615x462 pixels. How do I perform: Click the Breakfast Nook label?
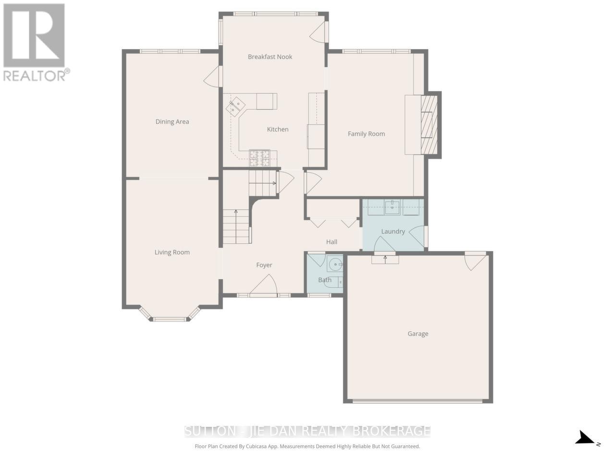click(270, 57)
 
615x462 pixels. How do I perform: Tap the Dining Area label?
click(172, 122)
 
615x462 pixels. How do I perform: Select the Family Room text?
click(366, 134)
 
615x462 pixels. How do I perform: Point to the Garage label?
click(418, 334)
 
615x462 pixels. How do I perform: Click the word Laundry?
click(393, 231)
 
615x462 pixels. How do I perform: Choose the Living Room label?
click(172, 252)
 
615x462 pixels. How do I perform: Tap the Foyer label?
click(264, 265)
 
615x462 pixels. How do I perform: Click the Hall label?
click(332, 242)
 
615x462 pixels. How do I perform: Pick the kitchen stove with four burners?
click(259, 158)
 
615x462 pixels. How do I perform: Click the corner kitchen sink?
click(235, 106)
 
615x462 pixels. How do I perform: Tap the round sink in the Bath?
click(335, 264)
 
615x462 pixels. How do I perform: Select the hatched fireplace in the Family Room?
click(429, 125)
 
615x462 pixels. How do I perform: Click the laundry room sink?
click(392, 207)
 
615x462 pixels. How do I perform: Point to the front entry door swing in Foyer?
click(263, 284)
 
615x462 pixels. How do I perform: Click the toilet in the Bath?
click(334, 282)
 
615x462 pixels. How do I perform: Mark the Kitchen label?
click(277, 129)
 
